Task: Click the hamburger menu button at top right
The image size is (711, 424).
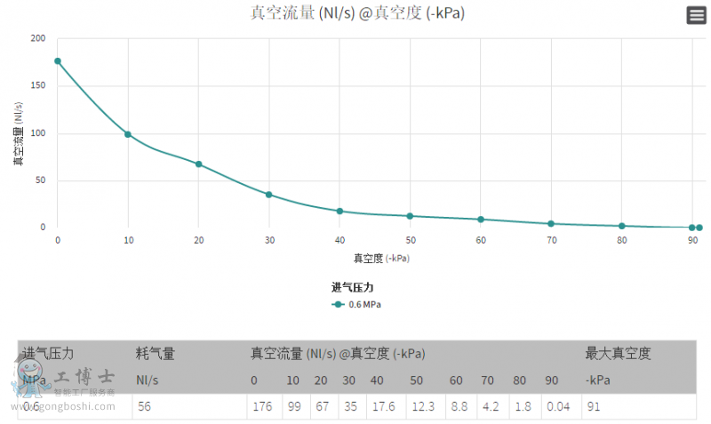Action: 696,15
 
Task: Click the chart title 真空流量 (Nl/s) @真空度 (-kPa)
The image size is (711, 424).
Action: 357,13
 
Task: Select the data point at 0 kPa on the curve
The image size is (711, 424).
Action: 58,61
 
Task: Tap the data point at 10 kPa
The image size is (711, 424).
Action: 128,134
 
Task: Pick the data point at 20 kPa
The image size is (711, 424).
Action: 198,164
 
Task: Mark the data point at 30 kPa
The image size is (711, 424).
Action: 269,195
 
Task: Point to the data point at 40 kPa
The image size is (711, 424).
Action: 340,211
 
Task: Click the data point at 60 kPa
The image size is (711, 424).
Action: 481,220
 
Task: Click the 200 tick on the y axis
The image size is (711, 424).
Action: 37,39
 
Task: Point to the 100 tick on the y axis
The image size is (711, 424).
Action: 37,133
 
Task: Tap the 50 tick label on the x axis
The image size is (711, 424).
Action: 411,241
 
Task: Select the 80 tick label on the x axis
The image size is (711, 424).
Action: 622,241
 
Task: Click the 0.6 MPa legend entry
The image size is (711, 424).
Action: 357,304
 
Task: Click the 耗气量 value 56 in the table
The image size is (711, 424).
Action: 144,407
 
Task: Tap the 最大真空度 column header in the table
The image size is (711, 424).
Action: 618,354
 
